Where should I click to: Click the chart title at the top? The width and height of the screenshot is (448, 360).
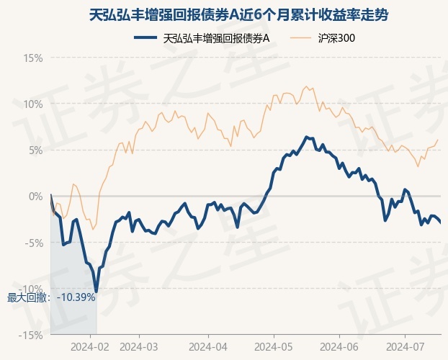pos(238,15)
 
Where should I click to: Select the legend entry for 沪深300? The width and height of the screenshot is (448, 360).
pos(322,38)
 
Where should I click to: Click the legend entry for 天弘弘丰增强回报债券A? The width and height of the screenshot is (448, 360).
pos(202,38)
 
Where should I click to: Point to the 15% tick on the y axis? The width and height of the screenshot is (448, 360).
pos(33,58)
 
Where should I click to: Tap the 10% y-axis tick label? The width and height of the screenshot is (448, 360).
pos(33,104)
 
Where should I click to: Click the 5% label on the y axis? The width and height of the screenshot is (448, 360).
pos(36,150)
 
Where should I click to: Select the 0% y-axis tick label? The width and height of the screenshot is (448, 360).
pos(36,197)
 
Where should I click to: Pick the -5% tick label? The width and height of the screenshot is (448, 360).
pos(34,243)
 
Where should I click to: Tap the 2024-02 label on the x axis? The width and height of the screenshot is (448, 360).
pos(90,347)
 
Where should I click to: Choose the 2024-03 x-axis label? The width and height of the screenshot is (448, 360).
pos(139,347)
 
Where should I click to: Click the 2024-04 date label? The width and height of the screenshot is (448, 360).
pos(208,347)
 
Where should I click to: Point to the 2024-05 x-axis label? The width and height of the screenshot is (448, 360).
pos(274,347)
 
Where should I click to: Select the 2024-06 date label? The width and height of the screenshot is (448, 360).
pos(339,347)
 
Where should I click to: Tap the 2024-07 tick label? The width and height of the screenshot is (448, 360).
pos(405,347)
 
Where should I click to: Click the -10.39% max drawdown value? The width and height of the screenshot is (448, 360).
pos(76,297)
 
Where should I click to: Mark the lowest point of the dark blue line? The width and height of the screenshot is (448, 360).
pos(97,292)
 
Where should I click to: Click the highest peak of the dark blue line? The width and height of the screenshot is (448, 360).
pos(306,137)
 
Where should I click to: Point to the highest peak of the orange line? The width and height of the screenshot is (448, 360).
pos(307,86)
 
